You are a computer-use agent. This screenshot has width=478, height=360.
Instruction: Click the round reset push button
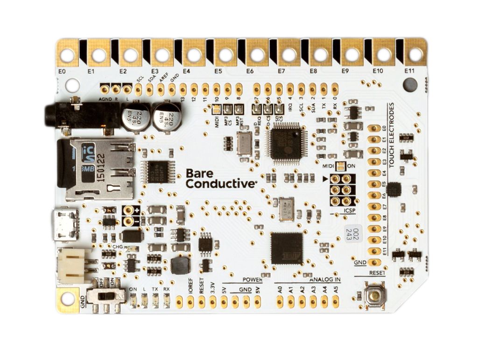click(373, 296)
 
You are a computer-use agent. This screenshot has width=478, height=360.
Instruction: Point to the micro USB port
click(66, 224)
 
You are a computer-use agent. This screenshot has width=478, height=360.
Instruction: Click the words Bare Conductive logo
click(220, 178)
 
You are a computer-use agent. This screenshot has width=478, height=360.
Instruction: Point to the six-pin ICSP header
click(340, 190)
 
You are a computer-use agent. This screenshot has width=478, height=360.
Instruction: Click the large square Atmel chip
click(286, 247)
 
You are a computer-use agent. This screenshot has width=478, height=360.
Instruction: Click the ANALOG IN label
click(324, 279)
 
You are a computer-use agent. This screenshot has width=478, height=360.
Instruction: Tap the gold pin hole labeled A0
click(280, 302)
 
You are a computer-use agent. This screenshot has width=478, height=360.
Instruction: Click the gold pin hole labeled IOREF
click(190, 302)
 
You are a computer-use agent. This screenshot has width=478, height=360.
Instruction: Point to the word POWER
click(252, 279)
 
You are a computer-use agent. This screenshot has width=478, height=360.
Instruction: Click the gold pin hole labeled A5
click(336, 302)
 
